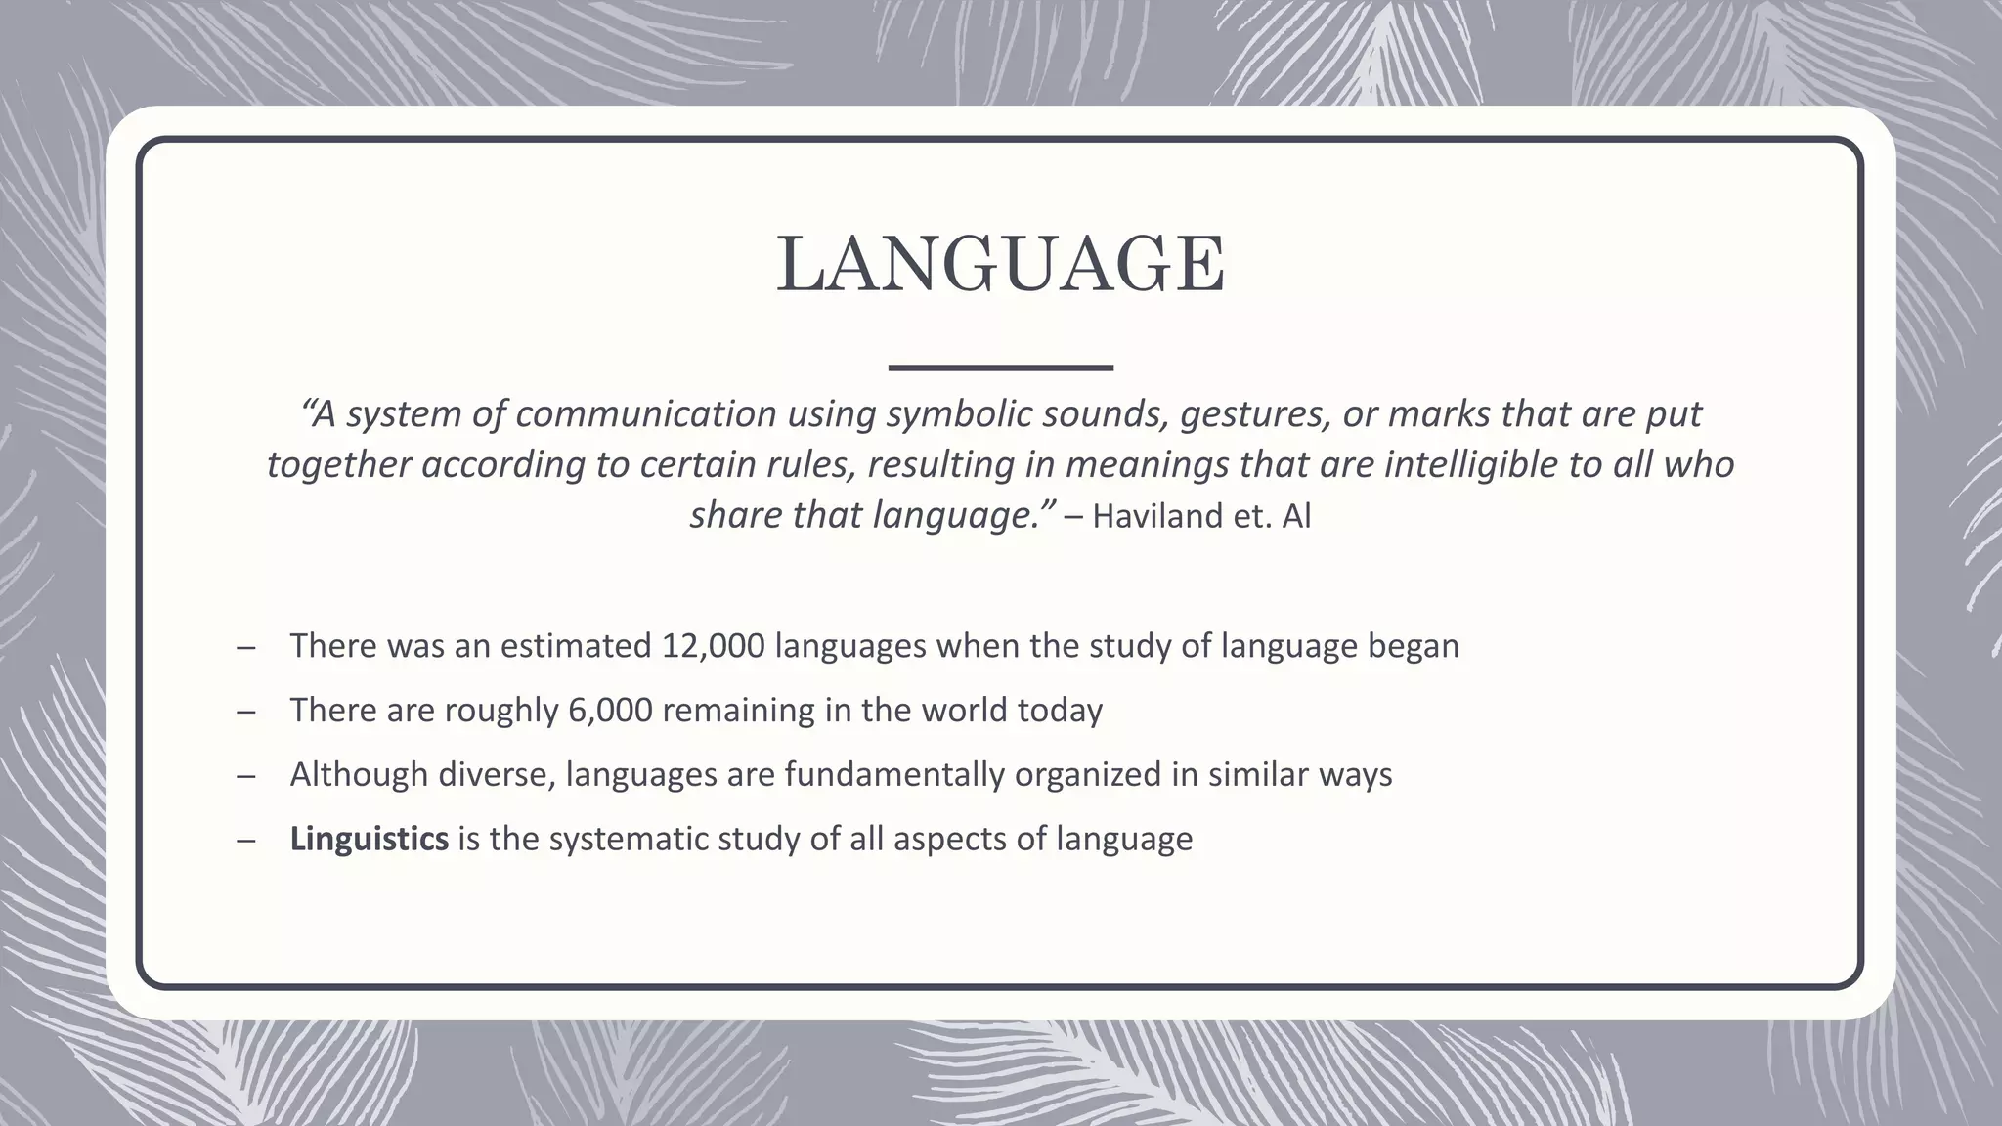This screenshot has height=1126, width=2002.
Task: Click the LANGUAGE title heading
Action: [x=1000, y=266]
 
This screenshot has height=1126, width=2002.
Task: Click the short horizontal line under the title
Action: [x=1000, y=368]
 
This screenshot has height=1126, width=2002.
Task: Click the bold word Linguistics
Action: [x=370, y=839]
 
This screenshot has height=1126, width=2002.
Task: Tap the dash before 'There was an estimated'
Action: [x=245, y=647]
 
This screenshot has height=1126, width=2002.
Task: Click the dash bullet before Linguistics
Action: [x=245, y=840]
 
